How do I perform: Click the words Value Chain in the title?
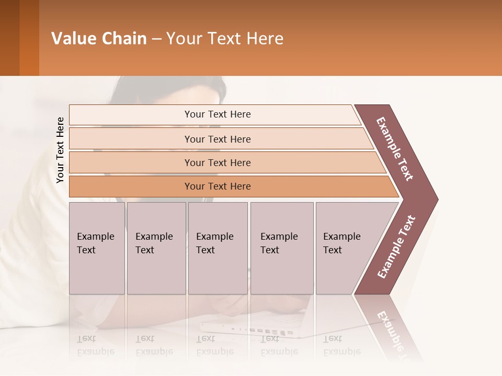(x=99, y=39)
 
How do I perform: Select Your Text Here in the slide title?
(x=225, y=39)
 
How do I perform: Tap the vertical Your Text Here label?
(x=60, y=150)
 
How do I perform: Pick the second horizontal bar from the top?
(x=218, y=139)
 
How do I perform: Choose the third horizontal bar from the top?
(x=218, y=162)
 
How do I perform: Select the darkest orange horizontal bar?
(x=218, y=186)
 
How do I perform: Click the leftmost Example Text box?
(x=97, y=248)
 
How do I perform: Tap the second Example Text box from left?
(x=156, y=248)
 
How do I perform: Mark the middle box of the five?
(x=218, y=248)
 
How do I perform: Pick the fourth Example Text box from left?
(x=282, y=248)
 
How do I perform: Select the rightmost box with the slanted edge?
(x=345, y=248)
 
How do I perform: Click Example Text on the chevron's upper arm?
(x=395, y=149)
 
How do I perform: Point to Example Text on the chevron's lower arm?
(x=396, y=247)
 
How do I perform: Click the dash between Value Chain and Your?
(x=156, y=39)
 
